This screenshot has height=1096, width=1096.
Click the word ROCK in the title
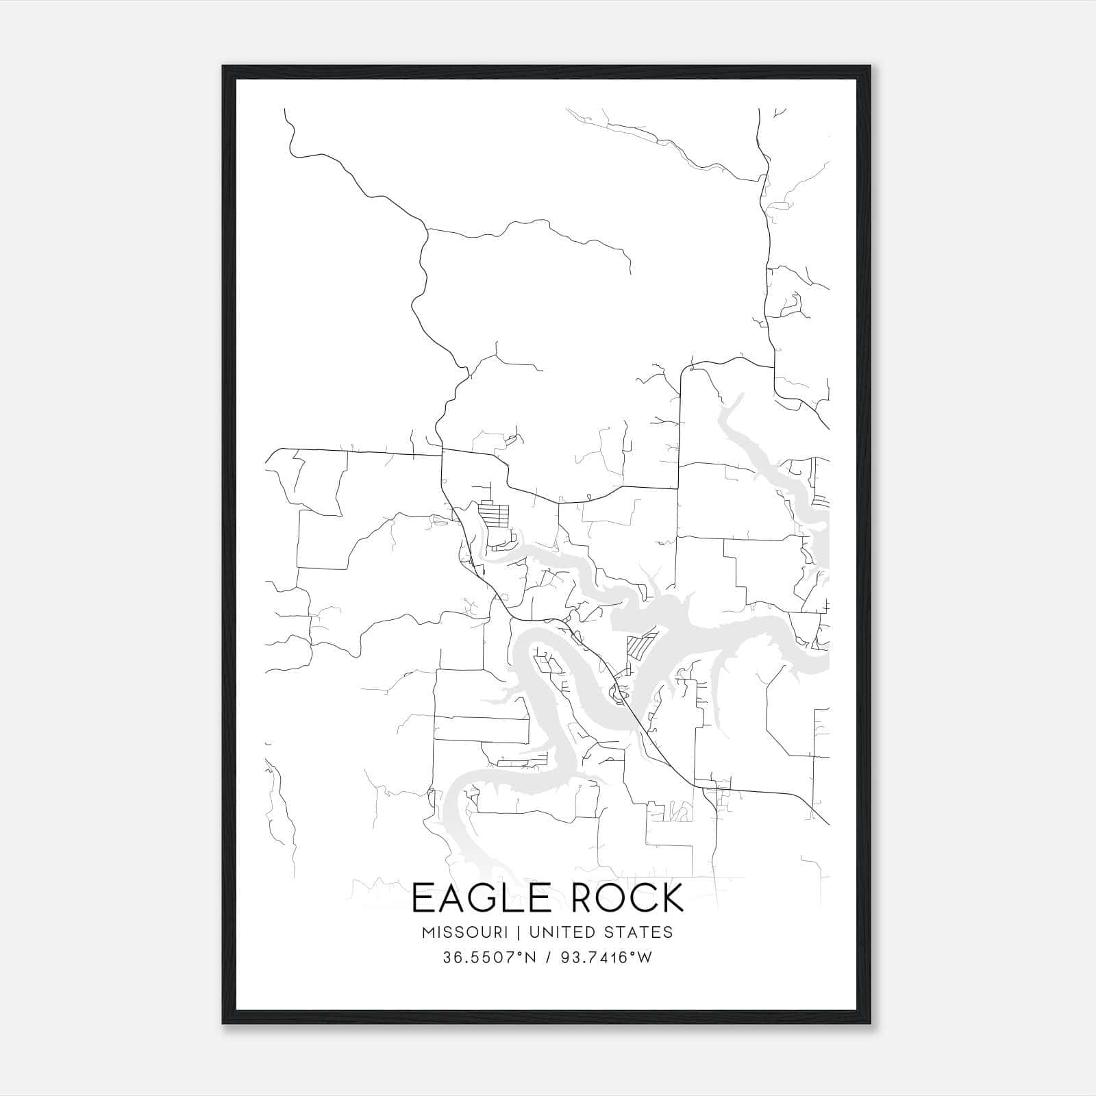click(627, 898)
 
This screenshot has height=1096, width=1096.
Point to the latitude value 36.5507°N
click(487, 958)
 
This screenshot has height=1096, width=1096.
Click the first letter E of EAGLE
click(423, 898)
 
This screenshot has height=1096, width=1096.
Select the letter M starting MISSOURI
click(429, 932)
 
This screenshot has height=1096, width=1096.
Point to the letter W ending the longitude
click(645, 958)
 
